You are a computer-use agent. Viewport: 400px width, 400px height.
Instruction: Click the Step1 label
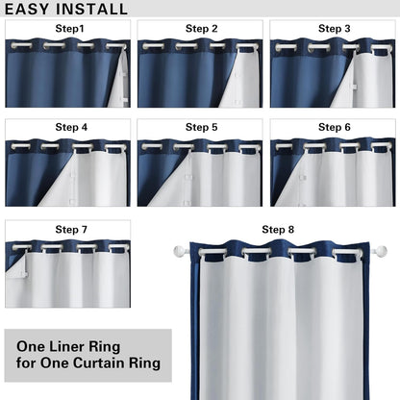(68, 29)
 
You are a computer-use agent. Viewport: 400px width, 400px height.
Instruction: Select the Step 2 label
(201, 29)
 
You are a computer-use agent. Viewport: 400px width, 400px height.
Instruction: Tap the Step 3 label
(334, 29)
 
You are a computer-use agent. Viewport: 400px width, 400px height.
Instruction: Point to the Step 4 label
(70, 127)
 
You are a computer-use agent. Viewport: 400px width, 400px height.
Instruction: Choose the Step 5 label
(201, 127)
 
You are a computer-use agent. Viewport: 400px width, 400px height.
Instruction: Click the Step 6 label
(334, 127)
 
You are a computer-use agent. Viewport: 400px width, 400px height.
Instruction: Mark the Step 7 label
(70, 230)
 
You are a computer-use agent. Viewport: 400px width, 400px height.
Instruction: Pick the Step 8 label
(278, 229)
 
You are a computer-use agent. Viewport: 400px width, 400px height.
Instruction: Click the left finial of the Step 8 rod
(179, 252)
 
